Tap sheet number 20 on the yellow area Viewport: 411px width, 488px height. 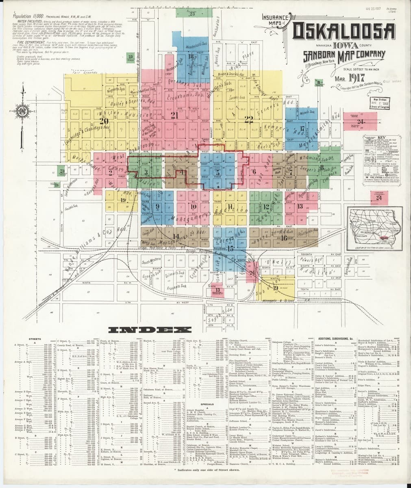[105, 120]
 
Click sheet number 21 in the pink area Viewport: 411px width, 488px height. [175, 115]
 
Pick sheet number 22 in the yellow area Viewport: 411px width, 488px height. [249, 118]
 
